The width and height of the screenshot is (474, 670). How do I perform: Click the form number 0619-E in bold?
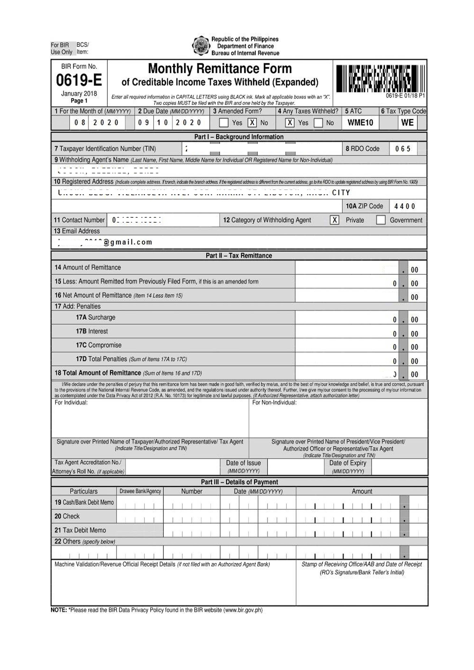[x=79, y=80]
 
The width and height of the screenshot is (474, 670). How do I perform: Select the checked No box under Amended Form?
[x=252, y=123]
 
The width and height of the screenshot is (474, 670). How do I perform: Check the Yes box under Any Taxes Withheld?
[x=289, y=123]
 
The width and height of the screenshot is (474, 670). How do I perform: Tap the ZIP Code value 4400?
[x=404, y=206]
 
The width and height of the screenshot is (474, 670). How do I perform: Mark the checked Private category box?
[x=334, y=220]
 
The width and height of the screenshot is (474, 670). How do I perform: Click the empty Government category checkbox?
[x=381, y=220]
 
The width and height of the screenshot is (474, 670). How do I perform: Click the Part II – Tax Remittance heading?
[x=239, y=256]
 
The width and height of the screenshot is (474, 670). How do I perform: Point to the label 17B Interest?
[x=92, y=331]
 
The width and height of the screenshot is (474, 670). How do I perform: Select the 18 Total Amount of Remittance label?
[x=98, y=373]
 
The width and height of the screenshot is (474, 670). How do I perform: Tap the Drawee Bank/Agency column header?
[x=140, y=491]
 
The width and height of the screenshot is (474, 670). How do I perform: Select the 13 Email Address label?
[x=77, y=231]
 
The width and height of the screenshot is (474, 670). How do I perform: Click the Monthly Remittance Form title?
[x=220, y=69]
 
